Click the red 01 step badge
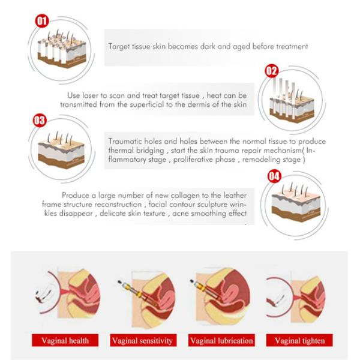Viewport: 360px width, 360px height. click(x=42, y=21)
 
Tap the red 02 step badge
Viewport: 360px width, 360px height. click(x=272, y=71)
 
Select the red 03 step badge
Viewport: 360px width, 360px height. click(x=40, y=121)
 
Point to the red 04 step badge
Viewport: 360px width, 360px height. click(x=274, y=176)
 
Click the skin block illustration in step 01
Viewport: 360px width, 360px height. click(x=62, y=49)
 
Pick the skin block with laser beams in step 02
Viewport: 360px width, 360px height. click(x=292, y=100)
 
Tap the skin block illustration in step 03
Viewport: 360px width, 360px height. click(x=61, y=151)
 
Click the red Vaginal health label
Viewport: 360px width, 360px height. click(x=65, y=340)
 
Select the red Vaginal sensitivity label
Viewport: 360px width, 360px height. click(x=143, y=340)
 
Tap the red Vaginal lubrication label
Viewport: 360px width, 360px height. click(x=221, y=340)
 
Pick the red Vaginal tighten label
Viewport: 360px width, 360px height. click(x=299, y=340)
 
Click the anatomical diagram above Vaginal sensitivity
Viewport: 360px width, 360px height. click(x=147, y=298)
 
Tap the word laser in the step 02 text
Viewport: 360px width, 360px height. click(x=91, y=95)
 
